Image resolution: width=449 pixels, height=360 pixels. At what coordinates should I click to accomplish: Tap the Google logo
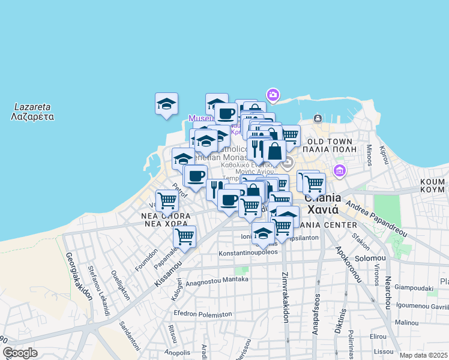pyautogui.click(x=20, y=352)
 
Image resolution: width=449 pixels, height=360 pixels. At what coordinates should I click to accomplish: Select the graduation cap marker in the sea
pyautogui.click(x=166, y=104)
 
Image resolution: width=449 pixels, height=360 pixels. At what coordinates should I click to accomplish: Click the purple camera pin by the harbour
pyautogui.click(x=273, y=95)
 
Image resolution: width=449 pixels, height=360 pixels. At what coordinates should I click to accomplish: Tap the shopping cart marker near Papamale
pyautogui.click(x=184, y=236)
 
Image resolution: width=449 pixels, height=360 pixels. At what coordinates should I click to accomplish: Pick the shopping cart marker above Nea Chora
pyautogui.click(x=167, y=200)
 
